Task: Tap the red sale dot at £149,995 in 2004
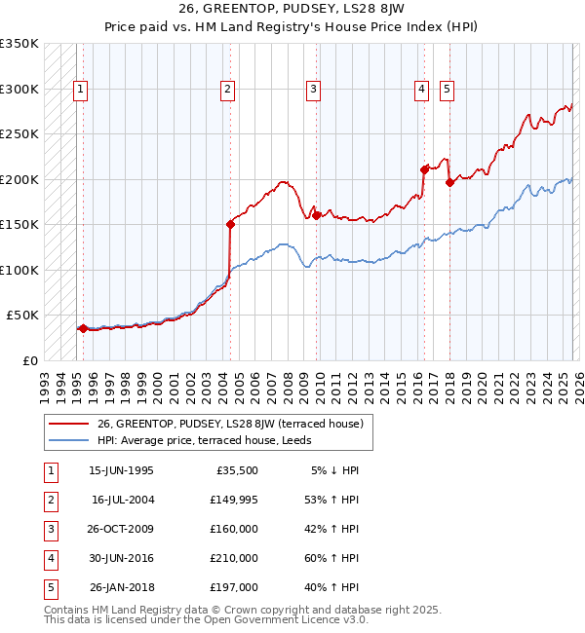(230, 224)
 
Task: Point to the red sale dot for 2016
(424, 168)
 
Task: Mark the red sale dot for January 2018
(449, 181)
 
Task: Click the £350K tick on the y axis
(19, 44)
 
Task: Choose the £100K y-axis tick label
(19, 270)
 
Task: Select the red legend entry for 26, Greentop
(229, 424)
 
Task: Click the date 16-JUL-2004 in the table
(122, 500)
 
